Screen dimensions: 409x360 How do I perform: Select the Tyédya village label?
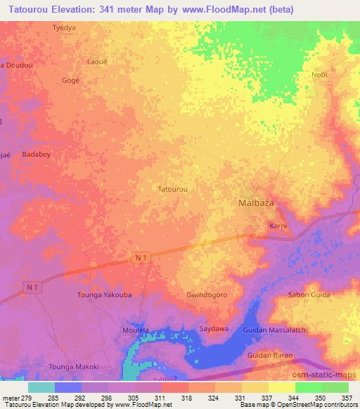(65, 28)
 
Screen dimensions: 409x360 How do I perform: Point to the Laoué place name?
(96, 61)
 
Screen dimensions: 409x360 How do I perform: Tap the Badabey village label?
(36, 154)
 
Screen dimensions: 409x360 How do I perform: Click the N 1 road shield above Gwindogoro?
(141, 259)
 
